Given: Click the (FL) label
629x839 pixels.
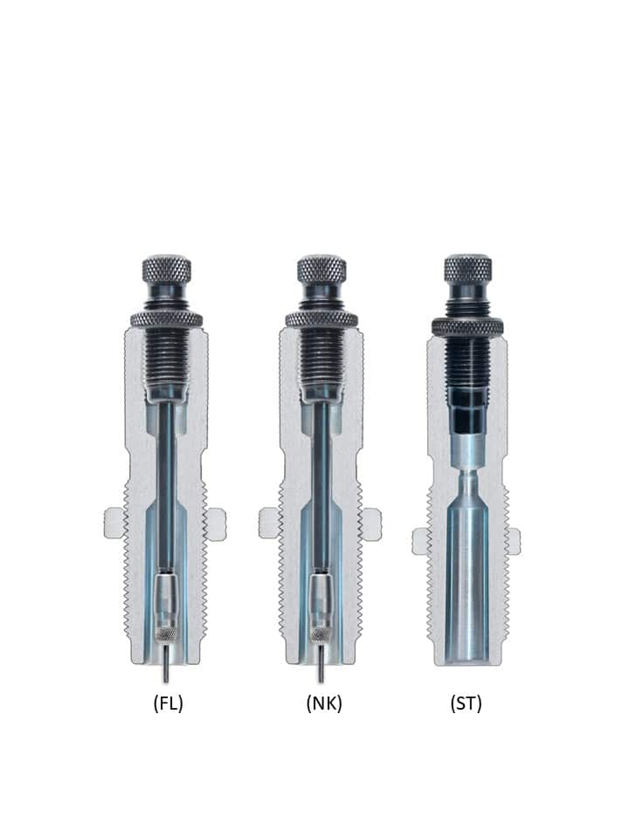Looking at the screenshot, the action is pyautogui.click(x=168, y=703).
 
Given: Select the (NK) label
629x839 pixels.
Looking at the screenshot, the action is pyautogui.click(x=323, y=703).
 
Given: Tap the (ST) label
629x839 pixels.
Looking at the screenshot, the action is pyautogui.click(x=466, y=703).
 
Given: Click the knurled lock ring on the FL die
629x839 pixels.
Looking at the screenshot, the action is pyautogui.click(x=166, y=320).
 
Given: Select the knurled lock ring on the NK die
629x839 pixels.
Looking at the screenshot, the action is pyautogui.click(x=321, y=320).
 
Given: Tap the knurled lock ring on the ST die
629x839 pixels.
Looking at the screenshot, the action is pyautogui.click(x=467, y=327).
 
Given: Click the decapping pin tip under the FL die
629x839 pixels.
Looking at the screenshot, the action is pyautogui.click(x=166, y=680).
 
